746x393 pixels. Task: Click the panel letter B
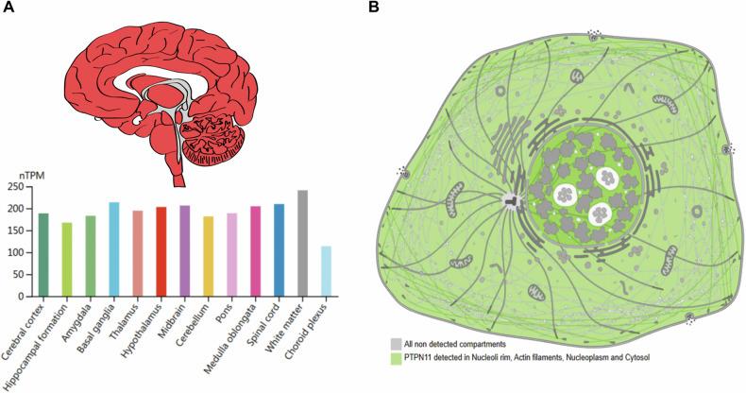[374, 8]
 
